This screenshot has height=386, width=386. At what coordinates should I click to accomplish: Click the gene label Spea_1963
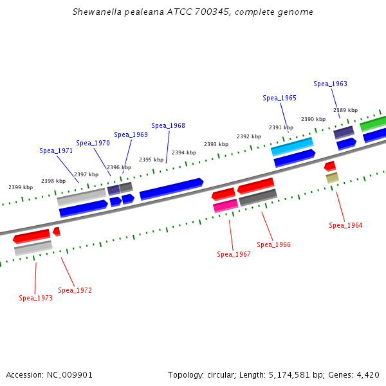tap(330, 84)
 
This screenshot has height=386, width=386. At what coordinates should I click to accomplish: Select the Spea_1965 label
tap(279, 98)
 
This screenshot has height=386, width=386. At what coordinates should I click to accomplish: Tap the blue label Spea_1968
tap(168, 125)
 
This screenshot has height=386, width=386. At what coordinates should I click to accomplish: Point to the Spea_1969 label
tap(131, 134)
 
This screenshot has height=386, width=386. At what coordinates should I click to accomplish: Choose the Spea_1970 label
tap(93, 143)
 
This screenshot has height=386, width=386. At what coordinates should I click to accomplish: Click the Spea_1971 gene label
tap(56, 151)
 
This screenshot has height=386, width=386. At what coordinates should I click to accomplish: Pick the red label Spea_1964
tap(345, 225)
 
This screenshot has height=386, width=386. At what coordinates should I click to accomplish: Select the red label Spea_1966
tap(273, 244)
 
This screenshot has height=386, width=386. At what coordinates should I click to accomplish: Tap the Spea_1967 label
tap(234, 254)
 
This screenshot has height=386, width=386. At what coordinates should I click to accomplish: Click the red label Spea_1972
tap(75, 290)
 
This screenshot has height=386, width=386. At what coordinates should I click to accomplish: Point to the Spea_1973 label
tap(35, 298)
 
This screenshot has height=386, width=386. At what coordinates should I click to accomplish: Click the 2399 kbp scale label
tap(21, 187)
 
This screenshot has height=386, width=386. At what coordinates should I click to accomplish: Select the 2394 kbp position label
tap(183, 152)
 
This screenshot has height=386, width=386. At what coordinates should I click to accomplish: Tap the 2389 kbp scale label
tap(345, 110)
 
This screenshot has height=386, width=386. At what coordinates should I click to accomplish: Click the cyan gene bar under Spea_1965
tap(292, 147)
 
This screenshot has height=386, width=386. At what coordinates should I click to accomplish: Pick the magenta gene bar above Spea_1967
tap(226, 206)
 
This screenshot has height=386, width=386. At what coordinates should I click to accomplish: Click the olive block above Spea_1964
tap(332, 178)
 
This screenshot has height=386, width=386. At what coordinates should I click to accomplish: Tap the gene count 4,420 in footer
tap(368, 374)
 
